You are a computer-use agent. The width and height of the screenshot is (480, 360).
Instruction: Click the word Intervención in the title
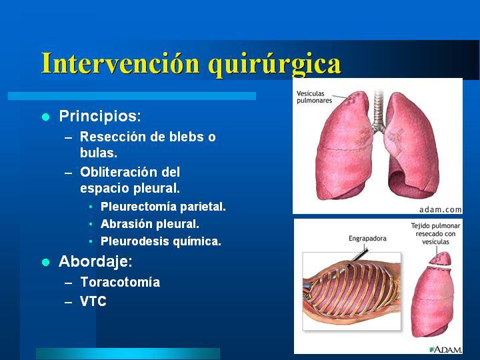click(x=120, y=63)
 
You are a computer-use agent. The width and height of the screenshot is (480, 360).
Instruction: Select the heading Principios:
click(x=100, y=116)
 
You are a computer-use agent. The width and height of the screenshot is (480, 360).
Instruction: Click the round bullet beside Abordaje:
click(x=45, y=263)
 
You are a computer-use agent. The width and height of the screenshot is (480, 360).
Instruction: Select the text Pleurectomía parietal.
click(x=163, y=207)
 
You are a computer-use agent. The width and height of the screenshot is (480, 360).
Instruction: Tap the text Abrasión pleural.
click(x=150, y=224)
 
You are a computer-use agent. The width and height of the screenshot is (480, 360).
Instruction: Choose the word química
click(x=197, y=241)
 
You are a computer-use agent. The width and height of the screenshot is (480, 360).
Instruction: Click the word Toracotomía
click(x=120, y=282)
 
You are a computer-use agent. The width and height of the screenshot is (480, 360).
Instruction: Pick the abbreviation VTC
click(x=93, y=301)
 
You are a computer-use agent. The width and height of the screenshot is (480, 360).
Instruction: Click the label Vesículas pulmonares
click(x=315, y=97)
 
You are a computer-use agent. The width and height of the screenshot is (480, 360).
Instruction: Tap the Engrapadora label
click(x=367, y=238)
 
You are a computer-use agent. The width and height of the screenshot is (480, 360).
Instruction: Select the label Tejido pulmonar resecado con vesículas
click(x=435, y=233)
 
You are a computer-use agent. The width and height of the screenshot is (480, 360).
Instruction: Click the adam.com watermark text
click(x=440, y=210)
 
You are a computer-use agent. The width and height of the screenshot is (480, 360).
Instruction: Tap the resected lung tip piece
click(x=440, y=259)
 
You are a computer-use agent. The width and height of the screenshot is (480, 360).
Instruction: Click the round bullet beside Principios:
click(x=45, y=117)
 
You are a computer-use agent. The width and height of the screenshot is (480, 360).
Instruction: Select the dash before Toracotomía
click(x=69, y=283)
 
